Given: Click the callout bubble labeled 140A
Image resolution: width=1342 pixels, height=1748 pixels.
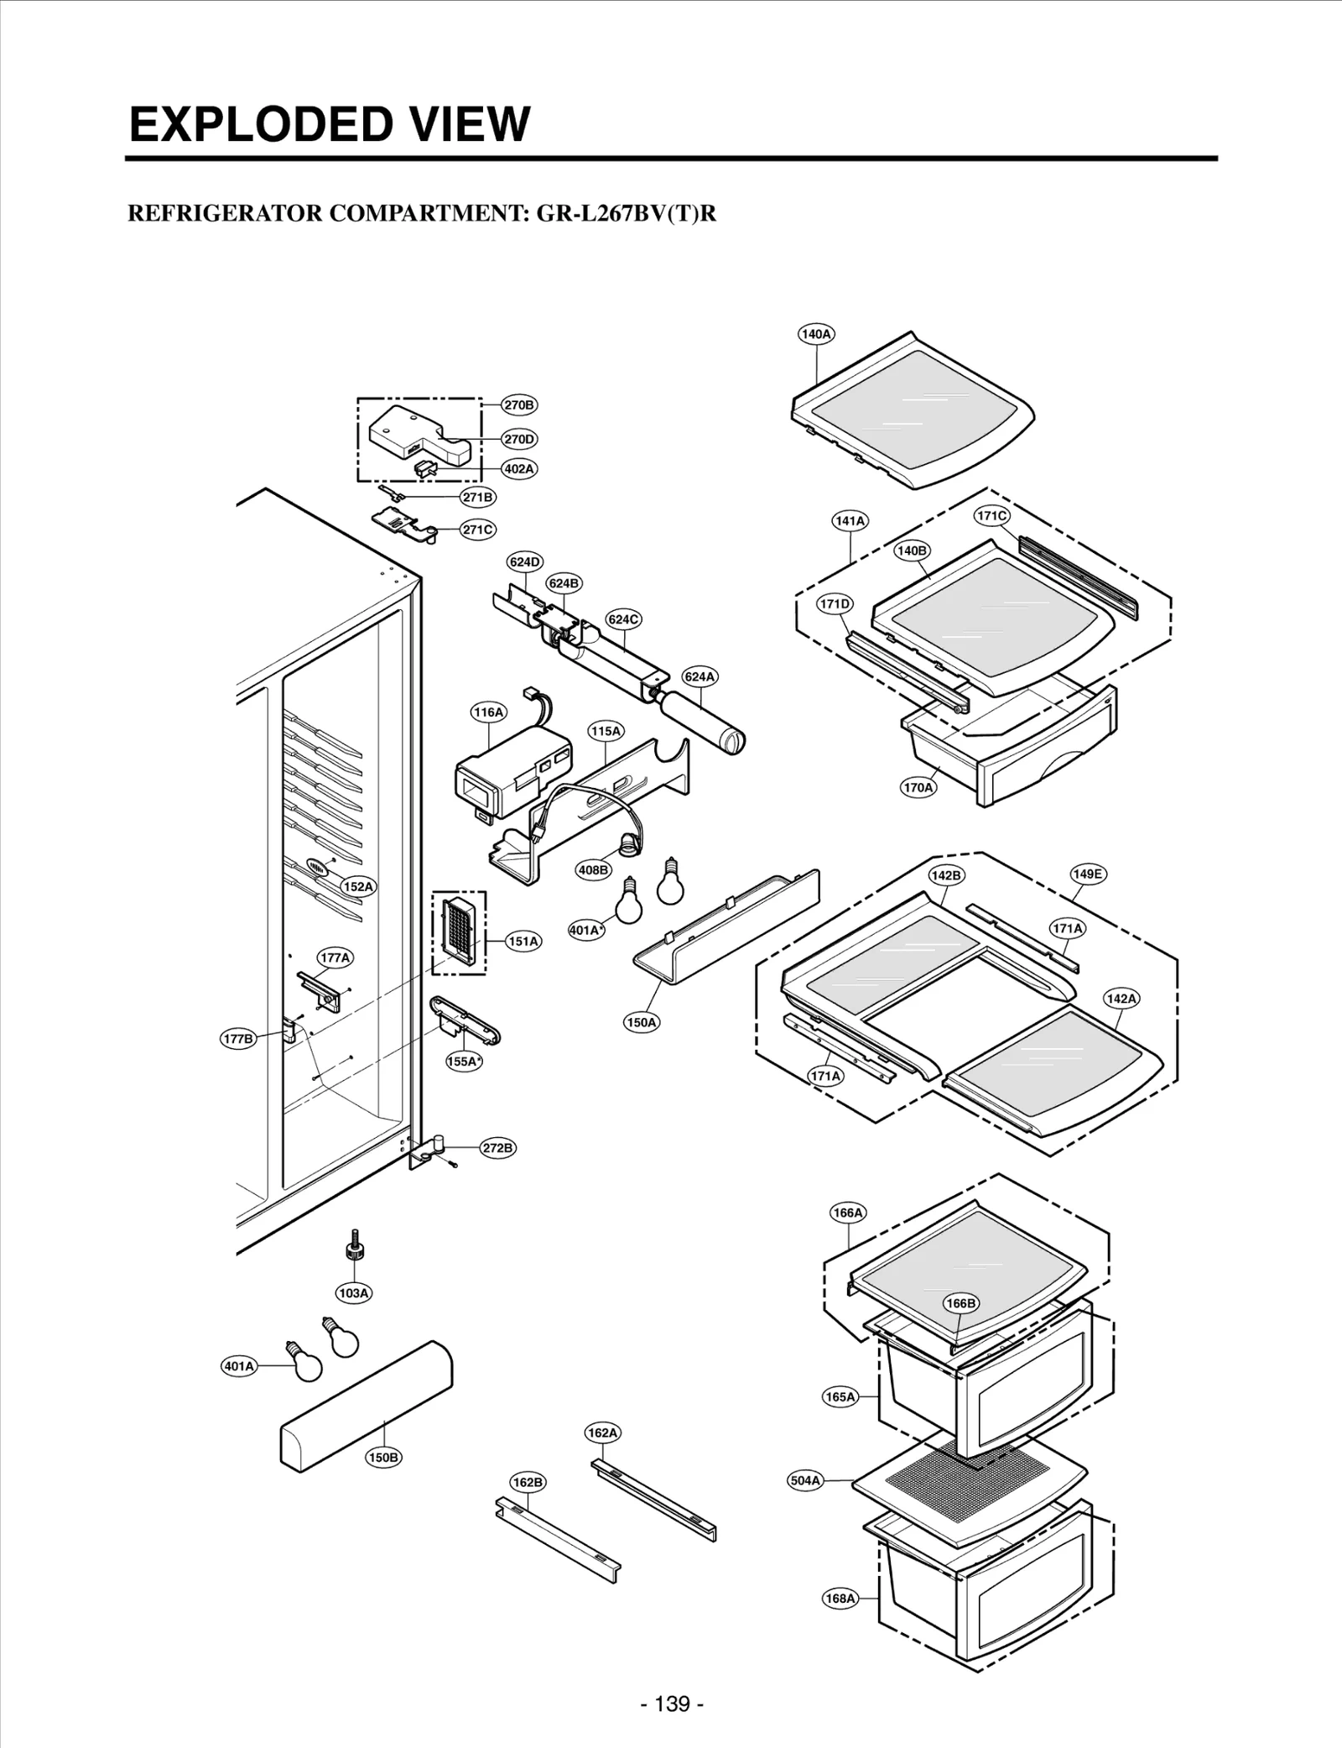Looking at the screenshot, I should click(x=815, y=334).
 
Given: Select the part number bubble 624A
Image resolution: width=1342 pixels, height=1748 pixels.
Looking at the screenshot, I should click(x=700, y=676).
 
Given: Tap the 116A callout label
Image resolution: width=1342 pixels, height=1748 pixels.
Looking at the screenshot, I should click(x=488, y=712).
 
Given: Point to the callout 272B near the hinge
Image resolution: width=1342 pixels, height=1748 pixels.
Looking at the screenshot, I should click(x=497, y=1148).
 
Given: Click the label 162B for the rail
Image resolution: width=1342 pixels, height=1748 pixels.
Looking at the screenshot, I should click(x=528, y=1506).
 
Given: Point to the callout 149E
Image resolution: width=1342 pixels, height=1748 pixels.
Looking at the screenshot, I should click(x=1087, y=874).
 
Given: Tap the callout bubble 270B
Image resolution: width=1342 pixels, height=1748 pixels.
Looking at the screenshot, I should click(x=519, y=405).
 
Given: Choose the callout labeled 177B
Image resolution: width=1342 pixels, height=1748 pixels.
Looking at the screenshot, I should click(x=238, y=1039).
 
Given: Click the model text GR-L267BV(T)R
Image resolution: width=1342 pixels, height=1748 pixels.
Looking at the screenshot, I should click(x=627, y=213).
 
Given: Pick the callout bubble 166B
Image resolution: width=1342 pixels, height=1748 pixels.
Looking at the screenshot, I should click(x=960, y=1303).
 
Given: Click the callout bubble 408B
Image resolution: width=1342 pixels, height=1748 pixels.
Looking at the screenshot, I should click(x=593, y=870).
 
